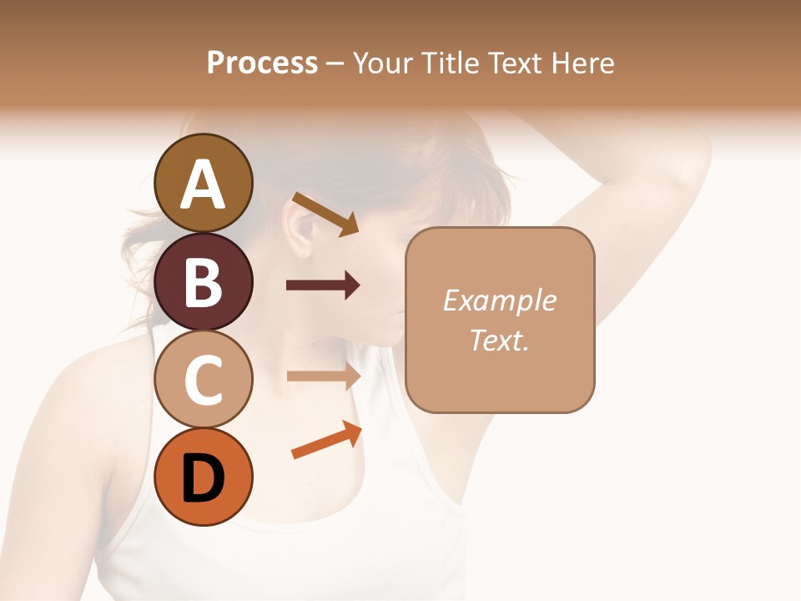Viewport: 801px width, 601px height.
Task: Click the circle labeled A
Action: click(x=204, y=183)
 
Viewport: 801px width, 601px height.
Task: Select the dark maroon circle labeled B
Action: click(x=204, y=281)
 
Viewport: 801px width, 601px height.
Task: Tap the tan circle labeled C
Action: click(x=204, y=380)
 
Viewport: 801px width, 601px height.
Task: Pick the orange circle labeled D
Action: click(x=204, y=477)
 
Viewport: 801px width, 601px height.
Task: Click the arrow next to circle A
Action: click(x=325, y=213)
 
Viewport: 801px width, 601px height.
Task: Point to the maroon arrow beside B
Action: click(x=323, y=285)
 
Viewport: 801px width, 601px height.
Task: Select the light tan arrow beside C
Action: click(x=323, y=376)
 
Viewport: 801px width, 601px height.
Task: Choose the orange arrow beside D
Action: click(x=326, y=441)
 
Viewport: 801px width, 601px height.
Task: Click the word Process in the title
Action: click(x=262, y=63)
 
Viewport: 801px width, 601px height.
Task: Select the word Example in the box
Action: click(x=499, y=300)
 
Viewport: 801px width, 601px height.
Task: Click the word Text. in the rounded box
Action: click(x=499, y=340)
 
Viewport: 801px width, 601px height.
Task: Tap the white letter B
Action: click(x=204, y=282)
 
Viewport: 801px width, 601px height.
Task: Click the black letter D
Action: click(x=204, y=478)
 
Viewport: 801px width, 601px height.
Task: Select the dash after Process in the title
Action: click(x=334, y=63)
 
